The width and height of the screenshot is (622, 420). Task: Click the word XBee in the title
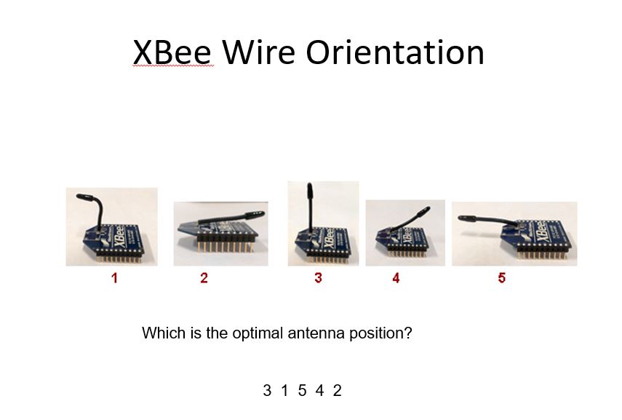172,52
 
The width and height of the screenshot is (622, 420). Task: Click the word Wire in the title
258,52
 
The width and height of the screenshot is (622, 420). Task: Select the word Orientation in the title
395,52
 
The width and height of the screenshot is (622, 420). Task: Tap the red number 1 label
115,278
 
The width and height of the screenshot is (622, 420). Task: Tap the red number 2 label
204,278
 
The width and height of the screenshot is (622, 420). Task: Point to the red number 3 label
318,278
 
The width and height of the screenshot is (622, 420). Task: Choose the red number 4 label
396,278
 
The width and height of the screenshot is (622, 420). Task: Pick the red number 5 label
502,278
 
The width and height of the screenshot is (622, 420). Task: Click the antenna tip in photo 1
78,196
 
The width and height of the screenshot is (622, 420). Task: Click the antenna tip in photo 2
263,213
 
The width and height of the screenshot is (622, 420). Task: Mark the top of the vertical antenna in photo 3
309,184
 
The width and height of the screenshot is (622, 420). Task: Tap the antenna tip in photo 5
459,218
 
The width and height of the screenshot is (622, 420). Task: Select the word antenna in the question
316,333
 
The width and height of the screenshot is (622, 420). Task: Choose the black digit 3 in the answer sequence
267,391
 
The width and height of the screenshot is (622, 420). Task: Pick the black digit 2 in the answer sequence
337,391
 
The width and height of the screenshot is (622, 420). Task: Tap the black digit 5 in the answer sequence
303,391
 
